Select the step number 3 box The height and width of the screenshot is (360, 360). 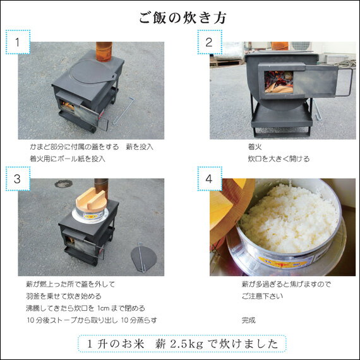click(x=19, y=179)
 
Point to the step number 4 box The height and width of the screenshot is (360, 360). click(x=208, y=179)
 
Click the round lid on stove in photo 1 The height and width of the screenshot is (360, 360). click(x=93, y=72)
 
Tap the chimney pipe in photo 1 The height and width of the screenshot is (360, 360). click(x=103, y=52)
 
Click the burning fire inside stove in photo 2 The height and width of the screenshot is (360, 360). click(x=274, y=81)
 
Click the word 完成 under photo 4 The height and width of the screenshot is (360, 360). click(x=249, y=320)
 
